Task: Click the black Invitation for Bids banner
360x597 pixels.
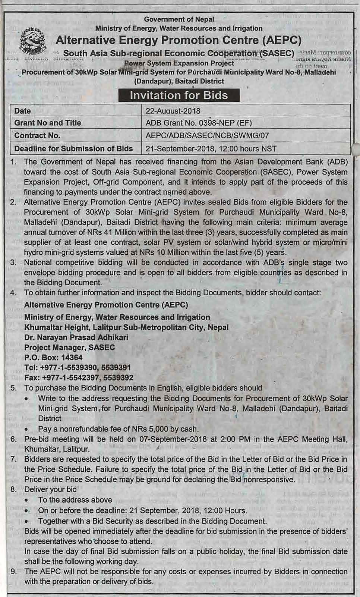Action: (x=179, y=95)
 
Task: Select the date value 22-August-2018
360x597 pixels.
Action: (x=173, y=111)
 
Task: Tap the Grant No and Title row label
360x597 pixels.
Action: (x=47, y=123)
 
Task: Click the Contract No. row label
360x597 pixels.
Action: (x=37, y=135)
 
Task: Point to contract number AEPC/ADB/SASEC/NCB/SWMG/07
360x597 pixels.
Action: (x=207, y=135)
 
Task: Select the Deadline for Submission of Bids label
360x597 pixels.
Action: (x=73, y=148)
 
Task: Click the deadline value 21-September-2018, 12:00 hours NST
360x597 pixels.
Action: (x=211, y=148)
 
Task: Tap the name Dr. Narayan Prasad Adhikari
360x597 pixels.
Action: (x=76, y=337)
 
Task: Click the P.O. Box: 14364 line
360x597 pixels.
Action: (x=53, y=357)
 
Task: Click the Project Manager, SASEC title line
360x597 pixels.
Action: (x=69, y=347)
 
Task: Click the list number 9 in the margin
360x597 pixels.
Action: (x=13, y=571)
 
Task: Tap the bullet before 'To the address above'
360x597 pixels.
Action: (x=26, y=500)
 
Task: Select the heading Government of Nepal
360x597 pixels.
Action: (x=179, y=19)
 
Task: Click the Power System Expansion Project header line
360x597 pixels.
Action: (x=179, y=63)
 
